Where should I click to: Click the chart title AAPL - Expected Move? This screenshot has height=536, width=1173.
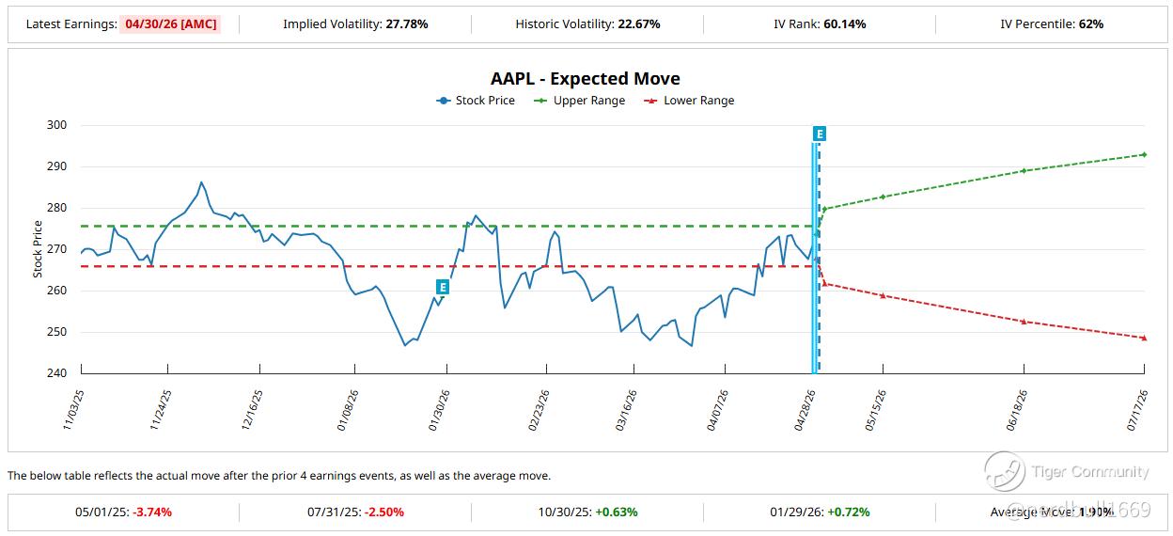click(585, 79)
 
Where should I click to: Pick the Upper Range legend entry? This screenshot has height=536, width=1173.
click(580, 101)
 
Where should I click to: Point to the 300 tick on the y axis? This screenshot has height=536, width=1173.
click(57, 125)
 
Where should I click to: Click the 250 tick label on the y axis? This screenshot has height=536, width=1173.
click(57, 332)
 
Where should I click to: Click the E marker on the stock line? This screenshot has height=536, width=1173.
click(443, 286)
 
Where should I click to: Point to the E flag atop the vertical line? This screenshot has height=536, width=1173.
click(820, 134)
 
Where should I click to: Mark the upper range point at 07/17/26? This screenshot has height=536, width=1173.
click(1144, 154)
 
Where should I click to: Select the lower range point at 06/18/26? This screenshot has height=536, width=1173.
click(1023, 322)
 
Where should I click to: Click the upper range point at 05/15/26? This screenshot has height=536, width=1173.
click(883, 197)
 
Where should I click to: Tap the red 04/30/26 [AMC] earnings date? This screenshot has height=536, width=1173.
click(169, 24)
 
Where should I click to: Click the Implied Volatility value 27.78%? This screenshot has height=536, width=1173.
click(406, 24)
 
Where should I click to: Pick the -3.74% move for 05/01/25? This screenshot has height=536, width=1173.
click(152, 512)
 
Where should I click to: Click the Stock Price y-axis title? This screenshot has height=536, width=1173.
click(39, 248)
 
